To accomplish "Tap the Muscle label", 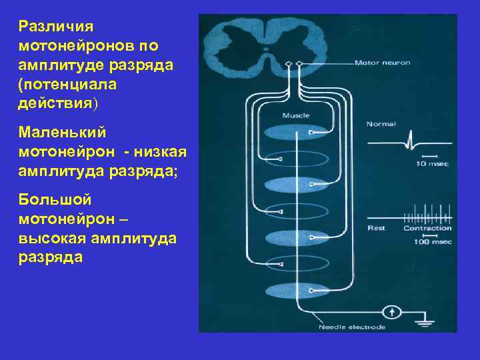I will [295, 115].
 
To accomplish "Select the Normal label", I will [381, 124].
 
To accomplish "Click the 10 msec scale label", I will [431, 163].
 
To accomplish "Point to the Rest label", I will [376, 228].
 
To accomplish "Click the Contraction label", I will [427, 228].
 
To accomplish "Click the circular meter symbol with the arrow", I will [393, 311].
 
